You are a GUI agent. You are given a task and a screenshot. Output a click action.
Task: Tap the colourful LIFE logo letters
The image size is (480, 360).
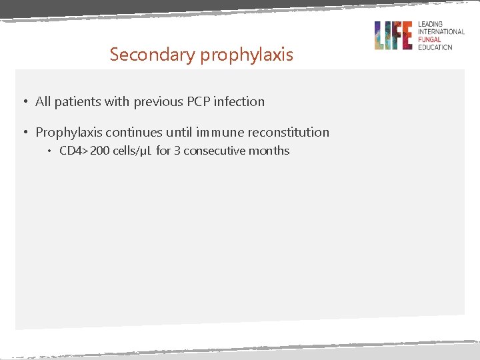393,35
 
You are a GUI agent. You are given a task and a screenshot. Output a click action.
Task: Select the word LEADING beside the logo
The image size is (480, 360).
430,25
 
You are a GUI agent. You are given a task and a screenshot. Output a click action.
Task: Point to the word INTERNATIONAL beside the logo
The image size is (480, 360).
441,32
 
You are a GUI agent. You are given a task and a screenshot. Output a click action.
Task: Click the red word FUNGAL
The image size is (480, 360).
431,39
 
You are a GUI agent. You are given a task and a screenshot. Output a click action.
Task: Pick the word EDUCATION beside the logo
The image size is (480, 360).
435,47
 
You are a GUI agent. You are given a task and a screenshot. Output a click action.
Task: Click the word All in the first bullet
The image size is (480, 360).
43,101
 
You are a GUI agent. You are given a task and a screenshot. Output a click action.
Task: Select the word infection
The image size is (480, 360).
239,101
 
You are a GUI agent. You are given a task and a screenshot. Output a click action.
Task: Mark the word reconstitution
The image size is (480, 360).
289,132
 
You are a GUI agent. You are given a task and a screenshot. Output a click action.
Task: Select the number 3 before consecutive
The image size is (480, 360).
177,151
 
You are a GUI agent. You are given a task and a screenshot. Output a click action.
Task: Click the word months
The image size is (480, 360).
269,151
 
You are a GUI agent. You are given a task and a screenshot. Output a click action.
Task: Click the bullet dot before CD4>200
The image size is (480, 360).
49,151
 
